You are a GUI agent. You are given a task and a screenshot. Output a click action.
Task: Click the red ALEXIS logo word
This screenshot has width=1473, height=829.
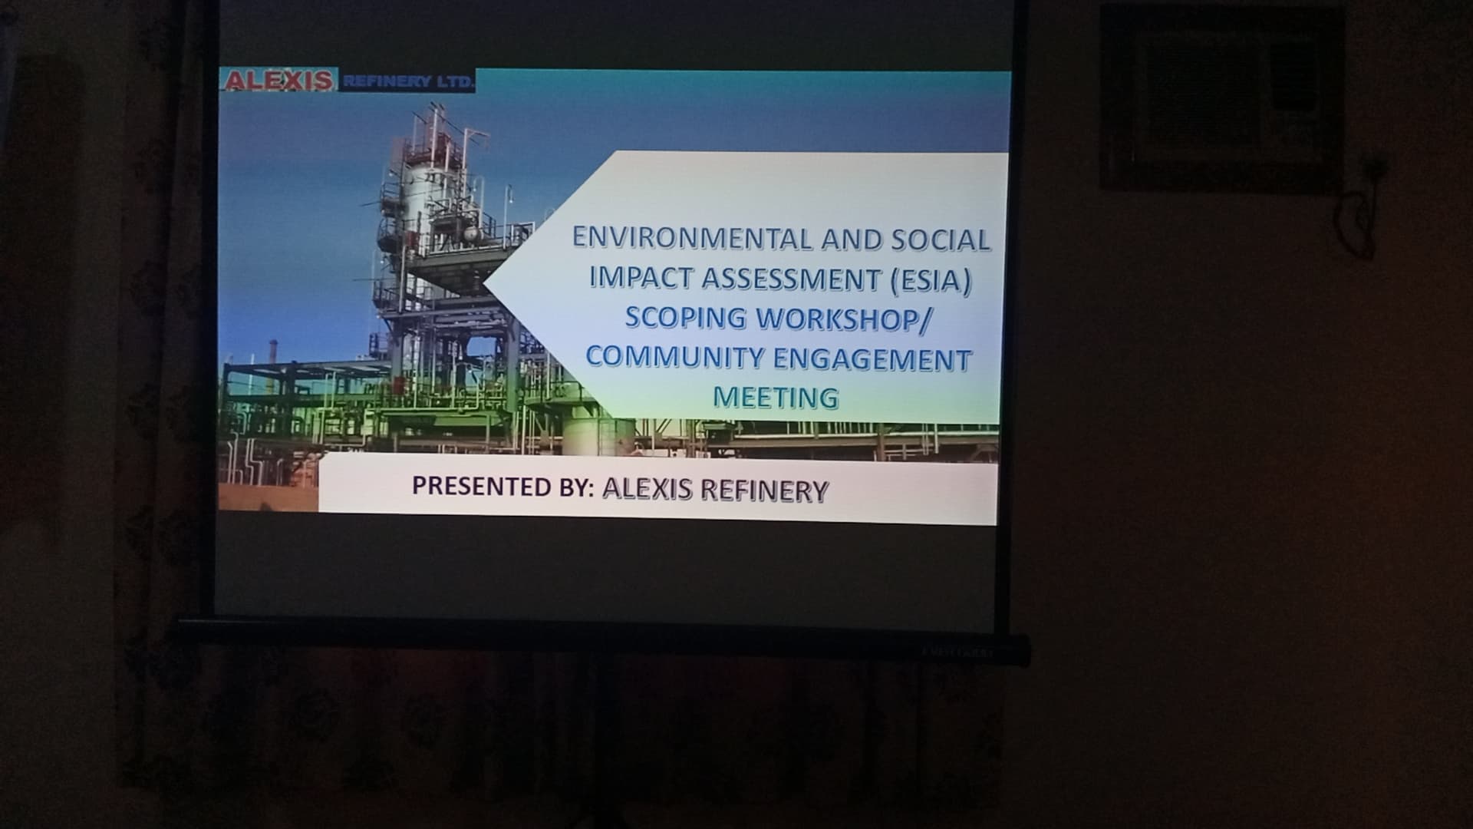click(x=278, y=80)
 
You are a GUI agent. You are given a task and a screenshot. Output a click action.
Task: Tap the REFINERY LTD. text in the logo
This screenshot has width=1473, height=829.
click(x=407, y=81)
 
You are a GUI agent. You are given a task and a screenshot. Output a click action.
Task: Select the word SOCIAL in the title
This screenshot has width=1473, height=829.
click(x=941, y=240)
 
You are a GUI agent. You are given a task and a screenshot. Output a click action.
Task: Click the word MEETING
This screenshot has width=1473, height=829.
click(x=776, y=398)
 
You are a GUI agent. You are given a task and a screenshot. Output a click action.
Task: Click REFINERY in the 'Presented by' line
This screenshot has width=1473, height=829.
click(x=764, y=490)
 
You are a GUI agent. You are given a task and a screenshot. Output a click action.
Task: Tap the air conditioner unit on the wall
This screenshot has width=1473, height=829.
click(x=1221, y=98)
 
